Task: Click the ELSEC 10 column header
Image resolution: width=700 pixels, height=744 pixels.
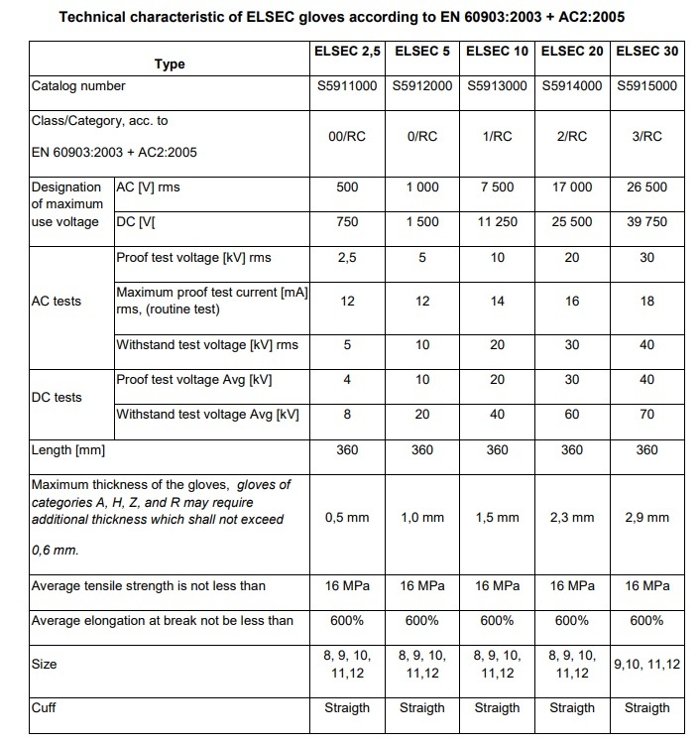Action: pos(498,50)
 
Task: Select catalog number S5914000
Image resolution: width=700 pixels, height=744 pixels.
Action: pos(572,85)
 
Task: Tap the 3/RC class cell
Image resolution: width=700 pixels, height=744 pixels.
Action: pos(647,137)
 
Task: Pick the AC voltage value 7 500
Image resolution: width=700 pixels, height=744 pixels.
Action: pos(498,186)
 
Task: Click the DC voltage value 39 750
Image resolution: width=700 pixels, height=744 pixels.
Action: pos(647,222)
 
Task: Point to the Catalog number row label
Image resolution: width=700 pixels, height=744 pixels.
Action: pos(78,85)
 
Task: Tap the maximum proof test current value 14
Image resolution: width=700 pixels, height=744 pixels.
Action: pos(498,301)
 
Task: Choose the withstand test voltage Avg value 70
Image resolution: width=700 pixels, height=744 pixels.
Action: pos(647,415)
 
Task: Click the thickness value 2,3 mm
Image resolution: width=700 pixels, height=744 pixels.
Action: pos(572,517)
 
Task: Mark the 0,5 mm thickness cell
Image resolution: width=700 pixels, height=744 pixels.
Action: pos(347,517)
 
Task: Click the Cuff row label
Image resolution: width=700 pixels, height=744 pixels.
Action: pos(46,707)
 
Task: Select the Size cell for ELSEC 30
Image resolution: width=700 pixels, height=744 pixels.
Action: pos(647,664)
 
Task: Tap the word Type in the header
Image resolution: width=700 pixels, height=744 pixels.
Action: pos(170,63)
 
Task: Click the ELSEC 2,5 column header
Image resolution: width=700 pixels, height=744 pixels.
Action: pos(347,50)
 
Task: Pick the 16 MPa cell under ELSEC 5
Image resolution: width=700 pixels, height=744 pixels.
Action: pos(422,586)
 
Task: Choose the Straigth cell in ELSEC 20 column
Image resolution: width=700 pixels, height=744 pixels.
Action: pos(572,707)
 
